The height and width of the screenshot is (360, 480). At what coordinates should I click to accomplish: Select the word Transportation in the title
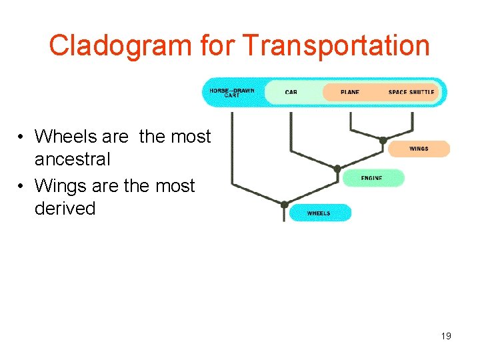tap(336, 46)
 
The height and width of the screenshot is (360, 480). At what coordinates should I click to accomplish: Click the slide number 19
tap(446, 336)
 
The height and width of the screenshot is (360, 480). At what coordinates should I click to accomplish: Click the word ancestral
tap(72, 159)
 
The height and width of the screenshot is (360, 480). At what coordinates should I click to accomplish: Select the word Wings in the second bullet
tap(62, 185)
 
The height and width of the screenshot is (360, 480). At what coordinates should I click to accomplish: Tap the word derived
tap(65, 208)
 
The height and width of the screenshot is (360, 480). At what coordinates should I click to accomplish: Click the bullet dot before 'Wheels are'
tap(22, 137)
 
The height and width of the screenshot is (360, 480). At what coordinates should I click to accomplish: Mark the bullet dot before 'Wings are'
tap(22, 186)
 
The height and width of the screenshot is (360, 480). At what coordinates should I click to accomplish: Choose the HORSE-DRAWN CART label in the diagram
tap(231, 93)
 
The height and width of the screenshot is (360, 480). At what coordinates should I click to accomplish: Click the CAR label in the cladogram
tap(291, 92)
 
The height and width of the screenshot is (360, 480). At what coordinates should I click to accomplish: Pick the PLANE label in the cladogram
tap(349, 92)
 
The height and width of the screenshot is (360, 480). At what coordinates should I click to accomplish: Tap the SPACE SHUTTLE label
tap(411, 92)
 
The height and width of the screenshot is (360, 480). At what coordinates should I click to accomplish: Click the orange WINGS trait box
tap(419, 149)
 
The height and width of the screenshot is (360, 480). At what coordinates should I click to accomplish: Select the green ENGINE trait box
tap(373, 178)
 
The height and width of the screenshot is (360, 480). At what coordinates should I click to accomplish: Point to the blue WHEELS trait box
tap(319, 213)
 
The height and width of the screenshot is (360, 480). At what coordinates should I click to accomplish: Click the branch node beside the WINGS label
tap(383, 140)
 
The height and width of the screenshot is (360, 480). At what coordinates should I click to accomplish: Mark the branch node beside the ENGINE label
tap(337, 169)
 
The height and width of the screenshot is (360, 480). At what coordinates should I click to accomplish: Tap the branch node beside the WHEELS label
tap(285, 204)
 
